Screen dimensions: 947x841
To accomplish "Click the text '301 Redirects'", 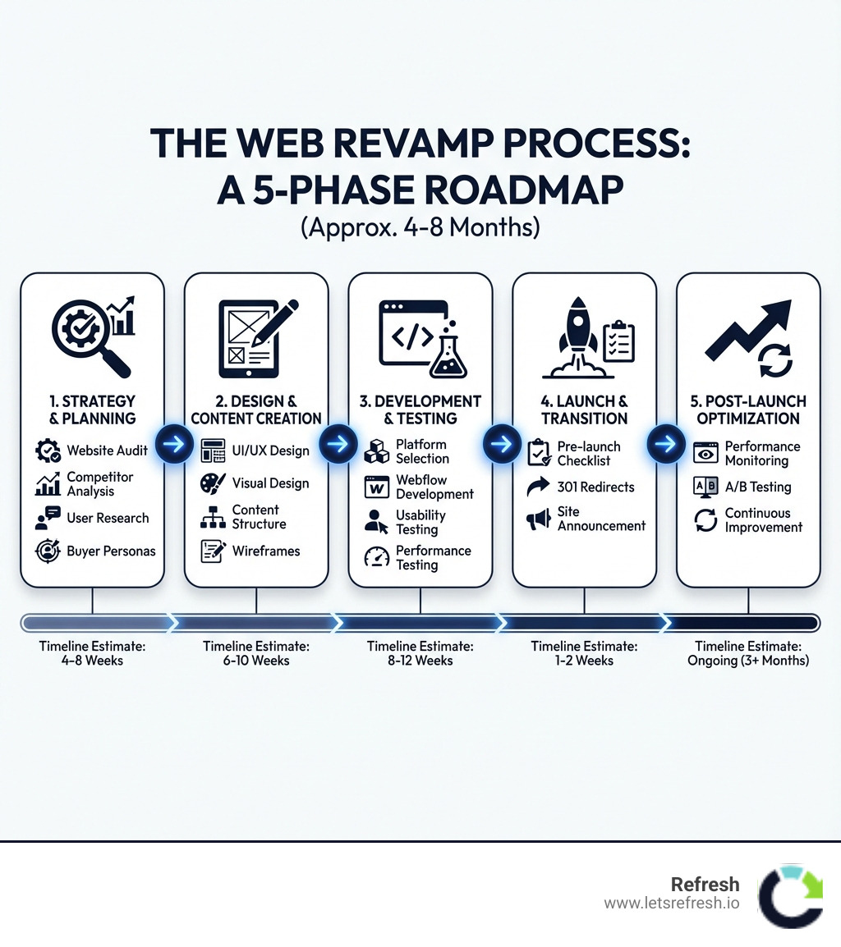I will tap(595, 487).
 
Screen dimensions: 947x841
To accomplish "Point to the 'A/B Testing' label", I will tap(758, 487).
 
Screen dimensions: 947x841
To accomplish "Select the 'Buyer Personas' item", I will tap(111, 551).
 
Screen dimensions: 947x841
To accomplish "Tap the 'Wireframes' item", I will tap(266, 551).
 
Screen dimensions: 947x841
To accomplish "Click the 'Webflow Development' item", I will tap(434, 487).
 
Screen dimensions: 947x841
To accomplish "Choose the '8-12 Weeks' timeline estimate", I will tap(420, 660).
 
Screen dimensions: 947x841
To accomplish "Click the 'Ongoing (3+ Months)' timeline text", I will tap(748, 660).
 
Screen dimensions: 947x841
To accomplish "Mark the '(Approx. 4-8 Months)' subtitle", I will tap(420, 227).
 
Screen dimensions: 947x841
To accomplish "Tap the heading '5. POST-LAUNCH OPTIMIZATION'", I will tap(748, 409).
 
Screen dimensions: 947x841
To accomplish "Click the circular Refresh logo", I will tap(790, 895).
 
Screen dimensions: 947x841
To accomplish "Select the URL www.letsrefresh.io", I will tap(672, 904).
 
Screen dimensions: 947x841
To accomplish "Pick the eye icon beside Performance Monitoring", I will tap(705, 454).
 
